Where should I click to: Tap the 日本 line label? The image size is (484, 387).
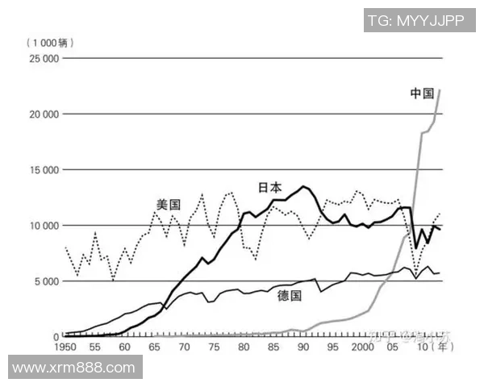click(x=269, y=187)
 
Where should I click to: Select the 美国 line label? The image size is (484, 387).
click(x=168, y=205)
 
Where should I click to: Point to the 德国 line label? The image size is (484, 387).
click(x=289, y=295)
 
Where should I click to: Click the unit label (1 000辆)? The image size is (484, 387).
click(x=47, y=42)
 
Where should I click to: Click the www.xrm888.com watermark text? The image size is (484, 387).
click(x=73, y=368)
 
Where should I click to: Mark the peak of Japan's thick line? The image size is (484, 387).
click(x=303, y=186)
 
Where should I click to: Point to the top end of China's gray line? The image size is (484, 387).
click(x=440, y=89)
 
